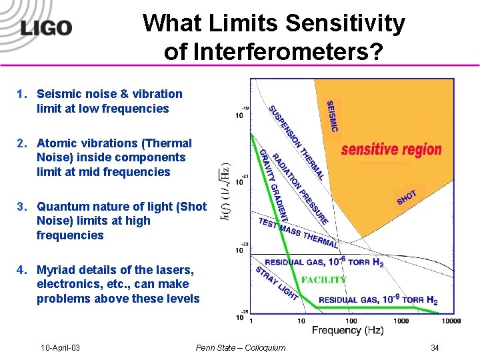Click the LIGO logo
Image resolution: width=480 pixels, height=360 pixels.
[45, 28]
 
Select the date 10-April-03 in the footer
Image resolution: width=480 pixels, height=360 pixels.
[60, 347]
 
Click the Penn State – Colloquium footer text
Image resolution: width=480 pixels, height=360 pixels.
[241, 347]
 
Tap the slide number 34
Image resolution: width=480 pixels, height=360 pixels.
[435, 347]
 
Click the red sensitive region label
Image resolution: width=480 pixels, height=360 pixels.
[391, 149]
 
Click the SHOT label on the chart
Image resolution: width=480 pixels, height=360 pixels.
[407, 197]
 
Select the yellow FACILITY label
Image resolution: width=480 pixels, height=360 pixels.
[324, 280]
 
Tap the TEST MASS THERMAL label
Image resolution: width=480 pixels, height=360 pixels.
[298, 233]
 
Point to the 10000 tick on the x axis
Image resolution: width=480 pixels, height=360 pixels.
[450, 321]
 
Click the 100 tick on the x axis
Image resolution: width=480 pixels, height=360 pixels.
[351, 321]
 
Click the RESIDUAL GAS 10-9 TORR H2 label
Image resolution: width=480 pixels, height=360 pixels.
[378, 300]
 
